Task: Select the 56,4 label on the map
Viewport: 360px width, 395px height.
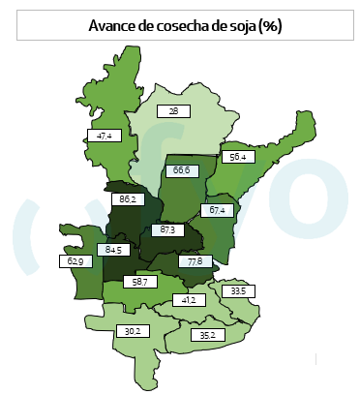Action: click(x=235, y=156)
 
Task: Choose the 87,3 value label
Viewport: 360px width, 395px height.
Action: click(x=166, y=230)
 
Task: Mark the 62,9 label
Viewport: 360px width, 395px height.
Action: click(x=74, y=261)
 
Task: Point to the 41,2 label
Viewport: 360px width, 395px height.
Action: click(x=189, y=300)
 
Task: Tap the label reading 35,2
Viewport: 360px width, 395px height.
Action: click(x=206, y=336)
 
